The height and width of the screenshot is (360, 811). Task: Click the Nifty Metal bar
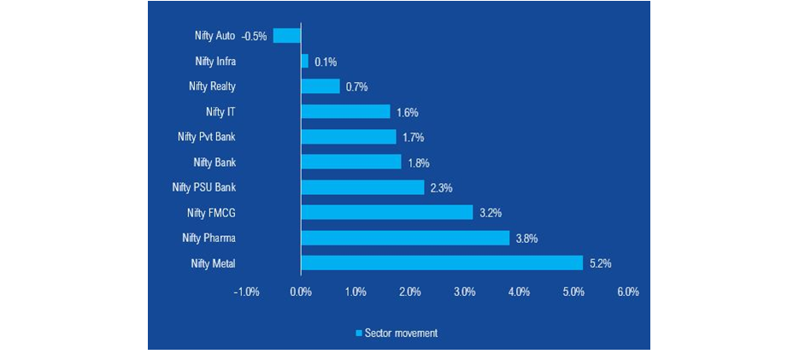[441, 263]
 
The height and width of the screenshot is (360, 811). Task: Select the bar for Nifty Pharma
[404, 238]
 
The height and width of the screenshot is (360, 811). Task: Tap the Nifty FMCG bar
[386, 212]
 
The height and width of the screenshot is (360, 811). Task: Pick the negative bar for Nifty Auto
[287, 36]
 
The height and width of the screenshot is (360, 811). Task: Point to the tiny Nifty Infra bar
[304, 62]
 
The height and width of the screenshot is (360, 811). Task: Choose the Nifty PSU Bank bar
[362, 187]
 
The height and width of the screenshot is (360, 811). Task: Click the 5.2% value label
[600, 263]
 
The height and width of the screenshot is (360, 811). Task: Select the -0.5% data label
[255, 37]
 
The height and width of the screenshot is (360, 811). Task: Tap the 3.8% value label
[526, 239]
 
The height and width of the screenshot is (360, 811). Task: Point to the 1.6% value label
[407, 112]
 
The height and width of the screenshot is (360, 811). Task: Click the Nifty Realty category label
[212, 86]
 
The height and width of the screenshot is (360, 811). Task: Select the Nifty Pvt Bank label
[205, 137]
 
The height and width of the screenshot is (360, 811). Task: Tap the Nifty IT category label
[220, 112]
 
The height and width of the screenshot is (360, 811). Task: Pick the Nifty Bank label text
[215, 162]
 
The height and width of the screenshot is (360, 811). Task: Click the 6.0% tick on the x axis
[627, 292]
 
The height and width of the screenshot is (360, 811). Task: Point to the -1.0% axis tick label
[246, 292]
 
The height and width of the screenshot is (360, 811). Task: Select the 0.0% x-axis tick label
[301, 292]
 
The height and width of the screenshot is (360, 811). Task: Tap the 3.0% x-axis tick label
[464, 292]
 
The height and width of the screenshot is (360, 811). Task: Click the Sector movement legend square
[358, 333]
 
